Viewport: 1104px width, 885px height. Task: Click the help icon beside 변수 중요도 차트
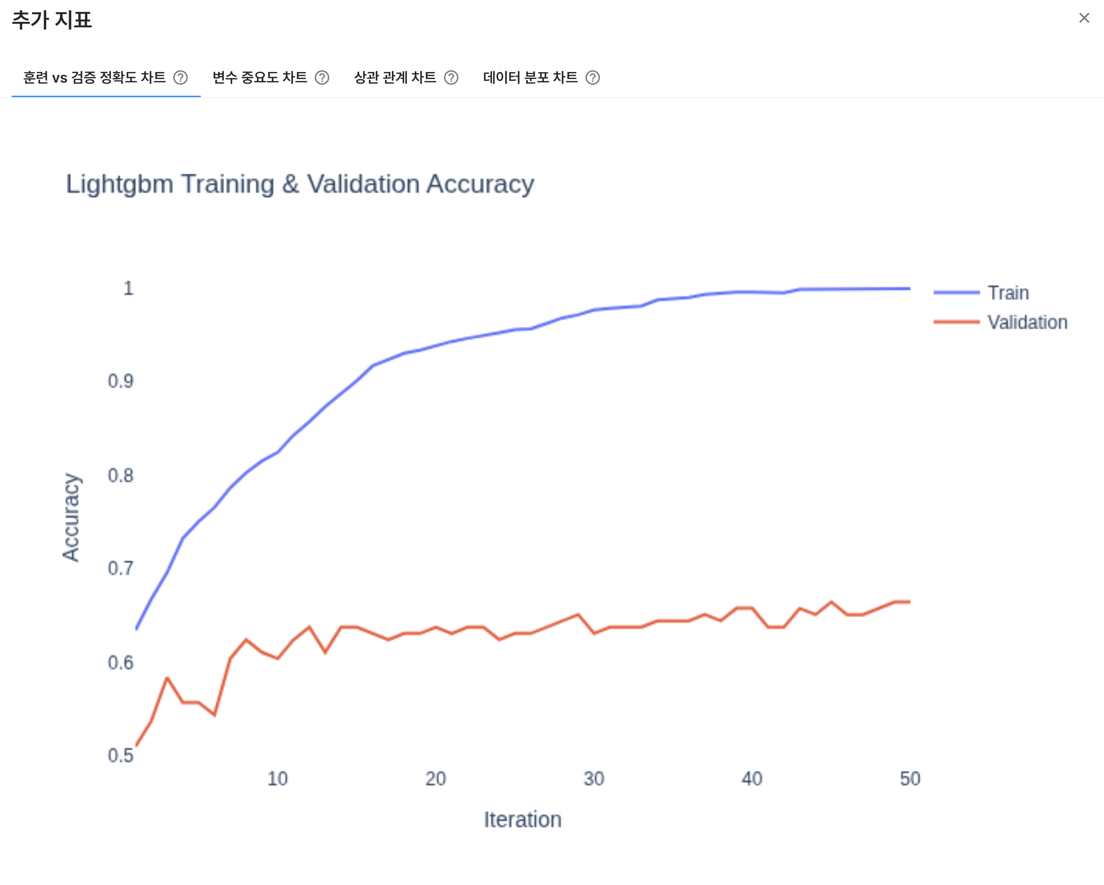(x=322, y=78)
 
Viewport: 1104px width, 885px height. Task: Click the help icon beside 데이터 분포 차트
(x=592, y=78)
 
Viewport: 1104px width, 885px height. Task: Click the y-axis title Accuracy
(x=71, y=517)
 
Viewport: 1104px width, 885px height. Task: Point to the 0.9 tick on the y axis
(x=121, y=381)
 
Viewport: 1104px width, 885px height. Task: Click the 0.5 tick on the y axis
(x=121, y=755)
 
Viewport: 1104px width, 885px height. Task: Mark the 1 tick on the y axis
(x=128, y=288)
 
